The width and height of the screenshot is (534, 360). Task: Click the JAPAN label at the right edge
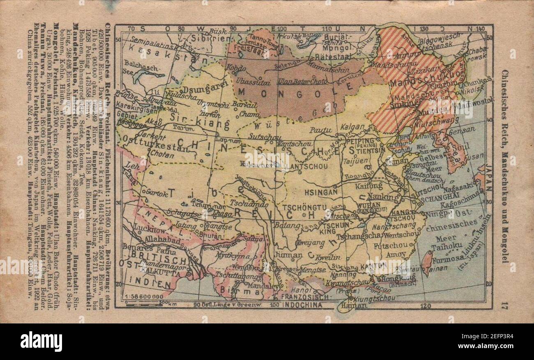tap(488, 177)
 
